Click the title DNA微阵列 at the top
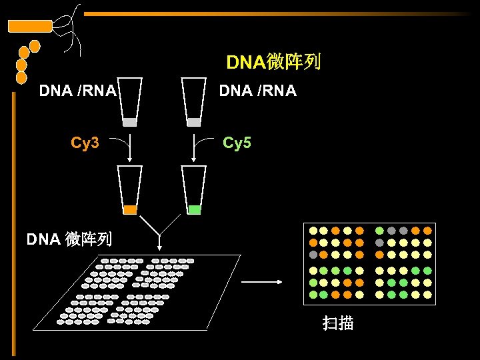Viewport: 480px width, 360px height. pos(273,63)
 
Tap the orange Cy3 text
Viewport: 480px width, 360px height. pos(85,143)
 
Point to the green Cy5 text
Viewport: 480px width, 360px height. pos(237,143)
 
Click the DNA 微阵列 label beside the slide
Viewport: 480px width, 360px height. pos(69,239)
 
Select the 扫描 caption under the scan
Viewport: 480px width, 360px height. pos(337,324)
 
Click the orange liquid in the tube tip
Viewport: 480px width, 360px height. pos(130,209)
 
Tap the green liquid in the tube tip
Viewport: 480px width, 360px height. pos(194,209)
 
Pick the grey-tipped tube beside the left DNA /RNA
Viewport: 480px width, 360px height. pos(130,103)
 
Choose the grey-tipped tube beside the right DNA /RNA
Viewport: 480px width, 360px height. pos(194,103)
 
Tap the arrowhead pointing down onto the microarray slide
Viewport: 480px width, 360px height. pos(161,249)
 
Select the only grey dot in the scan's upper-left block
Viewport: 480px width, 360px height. pos(313,255)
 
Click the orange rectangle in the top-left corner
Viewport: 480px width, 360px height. pos(29,26)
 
